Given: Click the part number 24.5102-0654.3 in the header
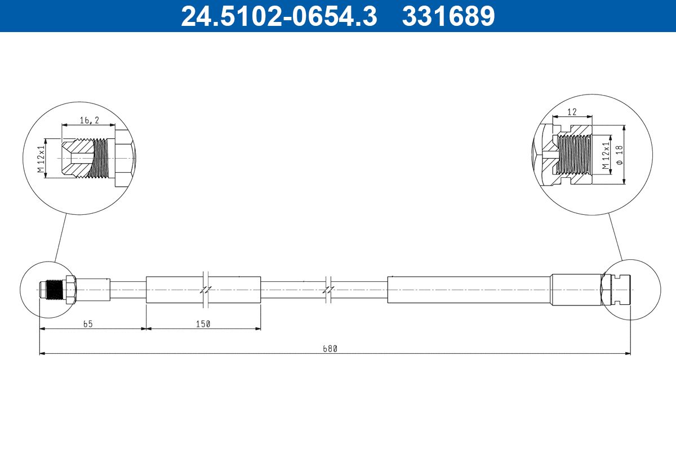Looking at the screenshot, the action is pos(279,16).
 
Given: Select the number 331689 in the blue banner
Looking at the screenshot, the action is pos(448,16).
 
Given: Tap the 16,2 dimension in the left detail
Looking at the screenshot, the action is pos(90,120).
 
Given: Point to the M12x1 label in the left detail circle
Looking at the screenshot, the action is pos(41,159).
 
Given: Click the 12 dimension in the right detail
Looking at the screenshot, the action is pos(572,112).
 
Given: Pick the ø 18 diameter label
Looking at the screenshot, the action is pos(619,155).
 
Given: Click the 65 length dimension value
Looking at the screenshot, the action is pos(88,324).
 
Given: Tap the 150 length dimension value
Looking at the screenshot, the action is pos(203,324).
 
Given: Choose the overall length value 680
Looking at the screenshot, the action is pos(330,349).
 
